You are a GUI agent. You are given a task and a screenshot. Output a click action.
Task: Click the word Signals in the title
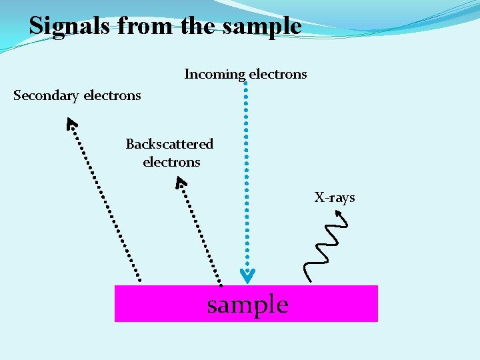(x=71, y=26)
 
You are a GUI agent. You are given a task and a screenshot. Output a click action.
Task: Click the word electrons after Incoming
(x=277, y=74)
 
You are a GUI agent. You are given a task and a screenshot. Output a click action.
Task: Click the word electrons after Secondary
(x=112, y=95)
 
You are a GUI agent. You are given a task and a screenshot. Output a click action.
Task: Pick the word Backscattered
(x=169, y=144)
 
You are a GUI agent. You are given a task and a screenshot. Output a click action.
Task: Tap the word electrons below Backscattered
(x=171, y=162)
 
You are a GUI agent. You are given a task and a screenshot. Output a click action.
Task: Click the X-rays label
(x=335, y=197)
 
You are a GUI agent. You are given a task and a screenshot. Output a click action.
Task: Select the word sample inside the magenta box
(x=247, y=305)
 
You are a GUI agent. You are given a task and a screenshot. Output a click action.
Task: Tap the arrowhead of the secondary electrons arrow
(x=71, y=123)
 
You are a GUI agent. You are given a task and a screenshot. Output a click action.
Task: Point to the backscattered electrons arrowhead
(x=180, y=181)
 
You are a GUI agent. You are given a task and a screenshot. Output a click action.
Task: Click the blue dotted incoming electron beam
(x=247, y=173)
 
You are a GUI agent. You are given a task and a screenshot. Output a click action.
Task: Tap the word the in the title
(x=199, y=26)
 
